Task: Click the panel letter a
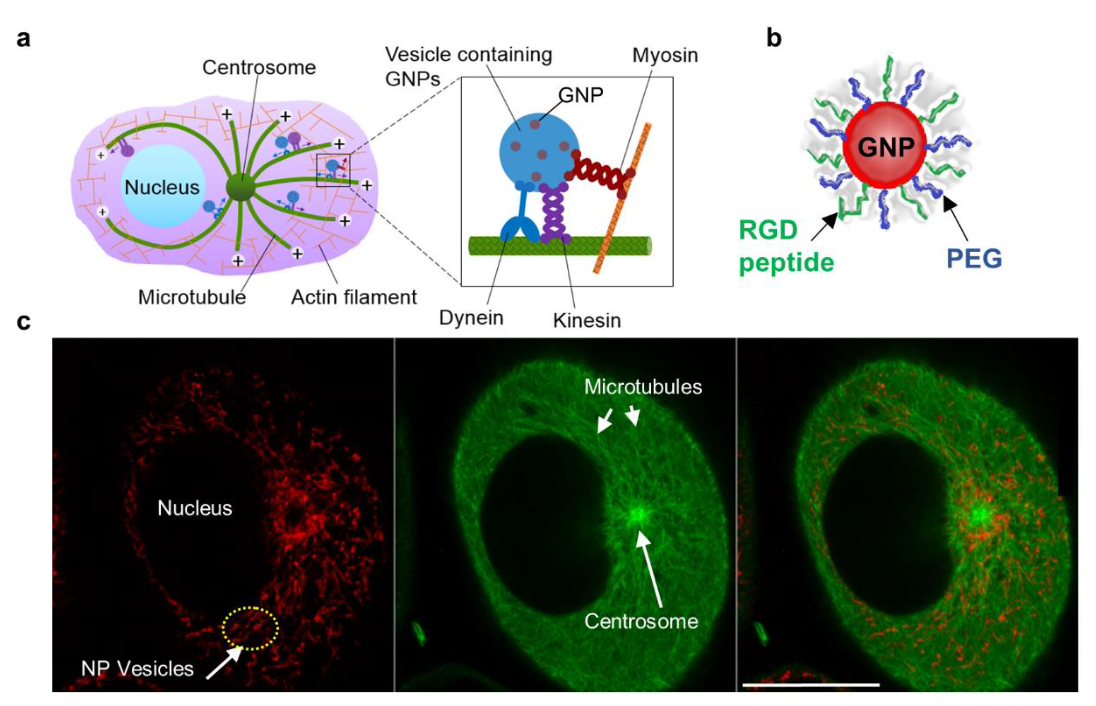(24, 39)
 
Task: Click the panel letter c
(24, 322)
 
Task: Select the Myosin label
(665, 56)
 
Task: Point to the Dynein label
(471, 317)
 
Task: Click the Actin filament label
(354, 298)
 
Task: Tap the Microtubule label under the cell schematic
(192, 298)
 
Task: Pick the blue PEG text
(974, 258)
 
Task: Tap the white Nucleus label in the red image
(195, 508)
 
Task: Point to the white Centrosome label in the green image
(641, 621)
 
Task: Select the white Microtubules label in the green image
(643, 387)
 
